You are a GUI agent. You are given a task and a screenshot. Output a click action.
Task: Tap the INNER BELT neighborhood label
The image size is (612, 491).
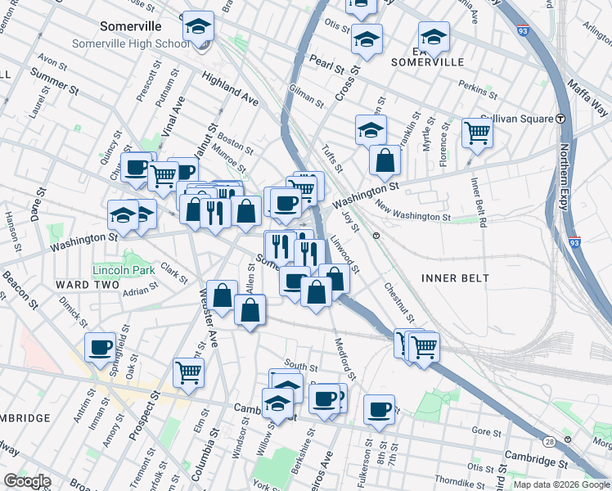[455, 278]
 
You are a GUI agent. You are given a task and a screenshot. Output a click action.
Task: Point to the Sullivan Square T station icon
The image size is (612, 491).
[562, 119]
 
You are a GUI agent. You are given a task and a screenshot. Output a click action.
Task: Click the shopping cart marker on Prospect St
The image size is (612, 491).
[189, 372]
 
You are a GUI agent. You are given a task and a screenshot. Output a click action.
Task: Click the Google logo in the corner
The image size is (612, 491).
[28, 481]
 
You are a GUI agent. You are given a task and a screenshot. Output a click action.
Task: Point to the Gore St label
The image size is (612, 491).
[485, 430]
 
